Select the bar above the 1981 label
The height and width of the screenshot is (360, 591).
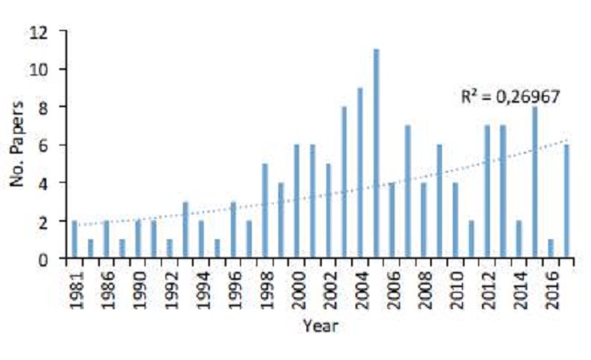(75, 240)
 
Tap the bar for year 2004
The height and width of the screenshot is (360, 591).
(360, 173)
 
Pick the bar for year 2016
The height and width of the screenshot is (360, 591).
(549, 249)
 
